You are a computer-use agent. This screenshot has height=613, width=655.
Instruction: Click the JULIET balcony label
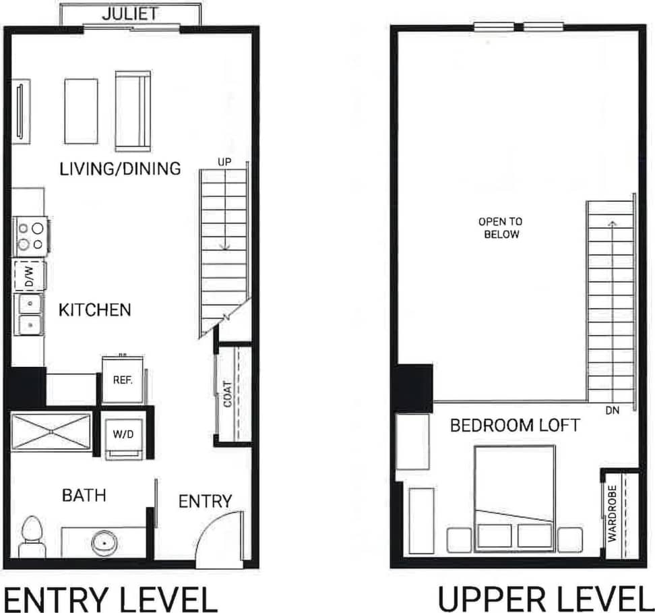pos(130,13)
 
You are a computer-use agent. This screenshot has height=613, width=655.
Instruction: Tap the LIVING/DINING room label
pos(120,168)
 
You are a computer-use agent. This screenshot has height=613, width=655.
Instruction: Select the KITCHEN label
pos(94,310)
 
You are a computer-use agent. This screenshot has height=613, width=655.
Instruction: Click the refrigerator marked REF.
pos(122,380)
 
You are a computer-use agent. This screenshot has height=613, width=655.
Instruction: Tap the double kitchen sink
pos(29,315)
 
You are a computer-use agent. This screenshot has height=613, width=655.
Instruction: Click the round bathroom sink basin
pos(104,542)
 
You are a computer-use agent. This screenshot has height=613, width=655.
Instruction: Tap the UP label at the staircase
pos(224,163)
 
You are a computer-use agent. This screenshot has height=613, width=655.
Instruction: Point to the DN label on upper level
pos(612,409)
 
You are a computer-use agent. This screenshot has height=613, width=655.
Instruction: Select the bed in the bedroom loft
pos(514,496)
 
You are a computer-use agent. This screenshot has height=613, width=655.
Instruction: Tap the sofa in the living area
pos(133,111)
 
